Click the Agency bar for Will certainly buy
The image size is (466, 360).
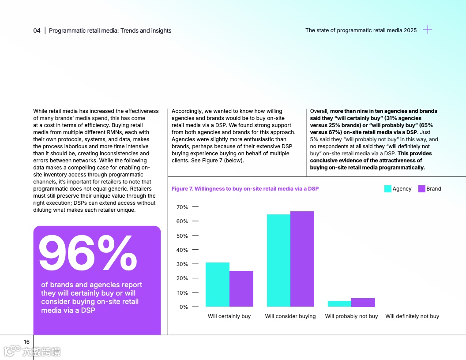click(218, 285)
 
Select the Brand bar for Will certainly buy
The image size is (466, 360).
click(241, 289)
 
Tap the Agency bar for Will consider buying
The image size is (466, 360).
click(278, 260)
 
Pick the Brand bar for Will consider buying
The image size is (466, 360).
click(302, 259)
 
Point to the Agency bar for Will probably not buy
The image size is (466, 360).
click(339, 304)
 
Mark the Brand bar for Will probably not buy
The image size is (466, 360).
click(363, 303)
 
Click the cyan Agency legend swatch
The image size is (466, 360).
click(388, 189)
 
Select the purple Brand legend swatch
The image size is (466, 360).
click(421, 189)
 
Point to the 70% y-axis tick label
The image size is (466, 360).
click(182, 207)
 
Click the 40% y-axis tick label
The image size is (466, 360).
click(182, 250)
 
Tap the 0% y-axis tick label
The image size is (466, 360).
click(184, 307)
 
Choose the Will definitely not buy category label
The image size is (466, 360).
click(412, 316)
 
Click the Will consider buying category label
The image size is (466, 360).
click(290, 316)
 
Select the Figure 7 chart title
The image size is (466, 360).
click(245, 189)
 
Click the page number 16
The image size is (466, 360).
click(27, 342)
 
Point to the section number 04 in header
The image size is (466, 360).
click(37, 30)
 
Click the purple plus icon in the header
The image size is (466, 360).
click(428, 30)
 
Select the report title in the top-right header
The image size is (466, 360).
click(361, 30)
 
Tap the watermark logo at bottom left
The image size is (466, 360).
click(32, 351)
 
